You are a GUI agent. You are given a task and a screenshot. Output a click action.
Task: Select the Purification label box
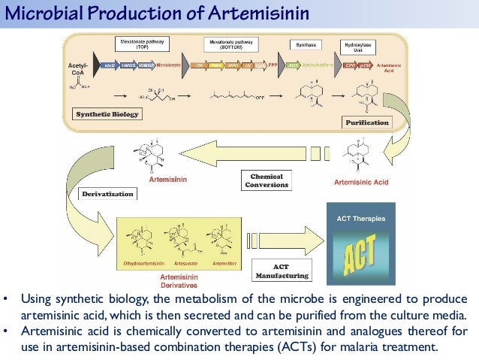point(367,122)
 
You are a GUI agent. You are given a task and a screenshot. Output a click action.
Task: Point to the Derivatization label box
point(109,194)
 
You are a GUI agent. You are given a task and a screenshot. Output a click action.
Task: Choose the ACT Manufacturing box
point(281,271)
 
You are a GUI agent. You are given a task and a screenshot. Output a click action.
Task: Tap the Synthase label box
point(305,45)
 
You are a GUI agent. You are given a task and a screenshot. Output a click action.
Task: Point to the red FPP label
point(273,66)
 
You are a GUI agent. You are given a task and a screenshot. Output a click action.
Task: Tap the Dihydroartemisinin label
point(143,264)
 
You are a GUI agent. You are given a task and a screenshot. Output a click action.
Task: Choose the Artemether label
point(222,264)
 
